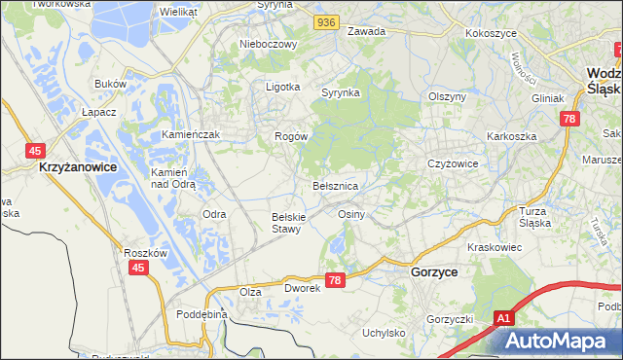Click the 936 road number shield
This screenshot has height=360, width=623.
(327, 20)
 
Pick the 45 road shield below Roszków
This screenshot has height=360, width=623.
(139, 268)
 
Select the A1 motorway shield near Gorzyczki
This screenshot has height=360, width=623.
(502, 318)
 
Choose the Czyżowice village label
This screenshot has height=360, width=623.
(453, 163)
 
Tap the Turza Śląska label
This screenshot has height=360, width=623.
(534, 217)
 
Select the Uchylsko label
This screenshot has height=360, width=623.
(384, 333)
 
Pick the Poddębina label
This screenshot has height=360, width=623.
(202, 314)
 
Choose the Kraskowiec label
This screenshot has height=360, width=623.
(495, 248)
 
